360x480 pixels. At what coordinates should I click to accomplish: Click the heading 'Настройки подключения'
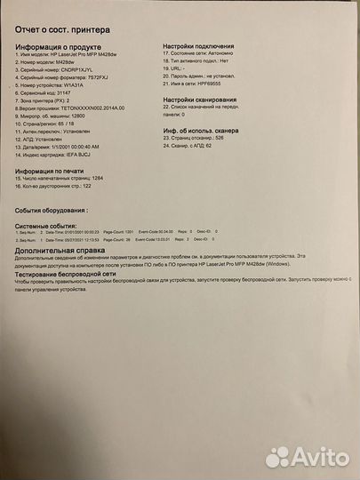(x=204, y=45)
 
